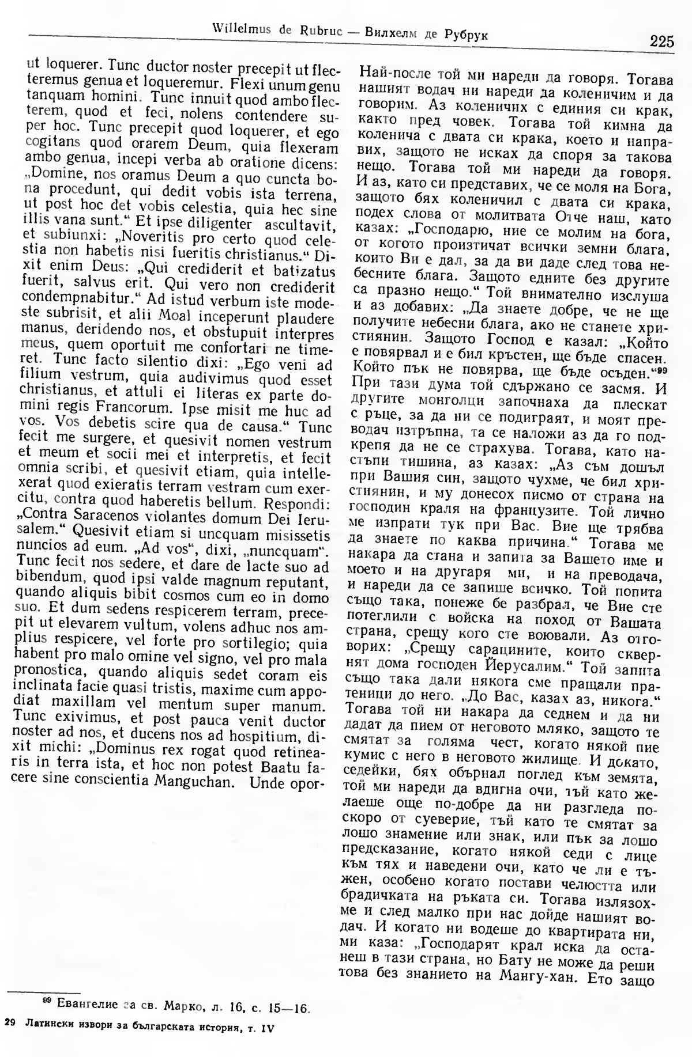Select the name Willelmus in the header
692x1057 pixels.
point(238,28)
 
